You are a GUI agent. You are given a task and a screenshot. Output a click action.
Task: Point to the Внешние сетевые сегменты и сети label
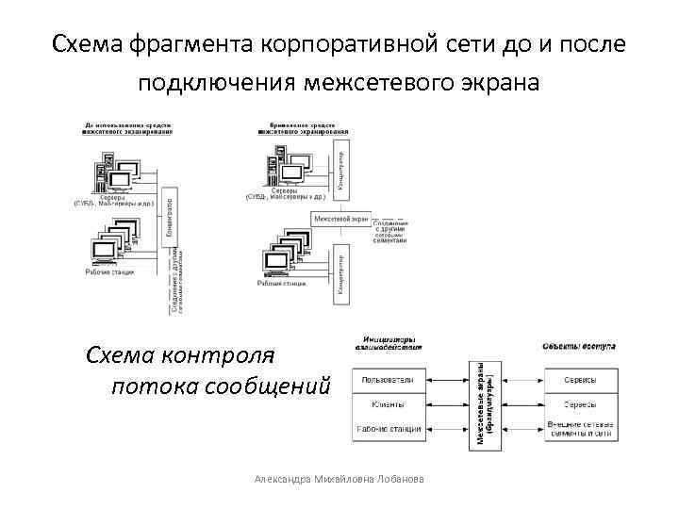click(x=580, y=430)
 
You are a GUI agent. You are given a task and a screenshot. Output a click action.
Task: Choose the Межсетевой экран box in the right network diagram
click(x=340, y=219)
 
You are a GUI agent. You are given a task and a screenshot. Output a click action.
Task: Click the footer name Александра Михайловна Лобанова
click(x=339, y=480)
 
